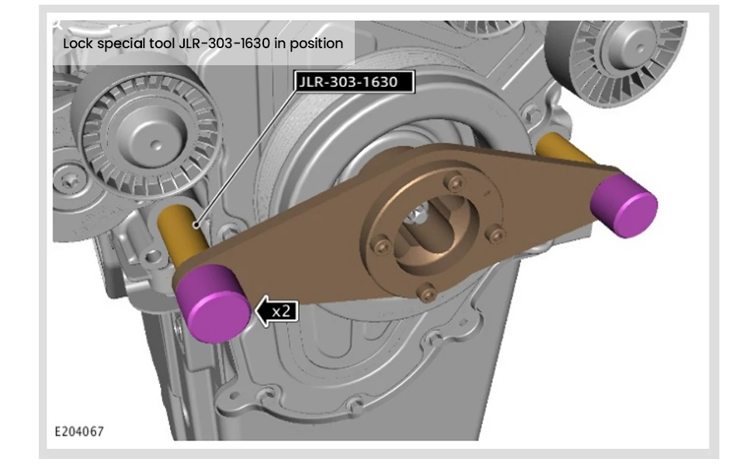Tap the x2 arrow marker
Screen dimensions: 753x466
point(277,311)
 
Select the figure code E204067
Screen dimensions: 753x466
point(78,431)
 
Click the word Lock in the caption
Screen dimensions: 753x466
point(77,43)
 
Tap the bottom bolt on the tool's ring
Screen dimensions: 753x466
point(423,292)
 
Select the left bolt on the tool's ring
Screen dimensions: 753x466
point(379,246)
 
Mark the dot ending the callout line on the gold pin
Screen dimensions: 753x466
point(198,225)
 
